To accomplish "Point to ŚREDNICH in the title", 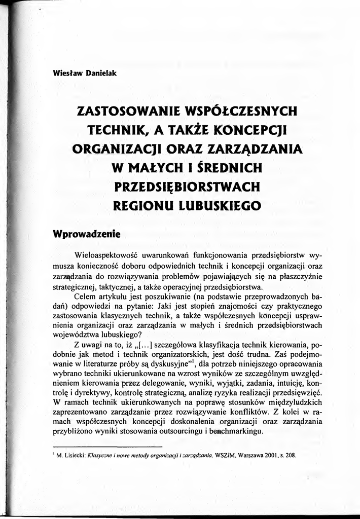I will pos(220,167).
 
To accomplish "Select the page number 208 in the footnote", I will pos(290,455).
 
